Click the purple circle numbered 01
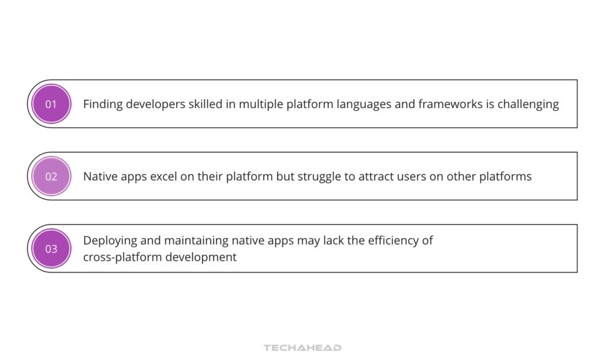pos(51,104)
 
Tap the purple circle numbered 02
pos(51,176)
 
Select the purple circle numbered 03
pos(51,248)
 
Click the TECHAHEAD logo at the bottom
pos(302,348)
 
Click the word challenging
pos(528,104)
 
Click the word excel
pos(165,176)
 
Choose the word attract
pos(375,176)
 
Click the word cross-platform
pos(121,258)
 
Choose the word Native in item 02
pos(99,176)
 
